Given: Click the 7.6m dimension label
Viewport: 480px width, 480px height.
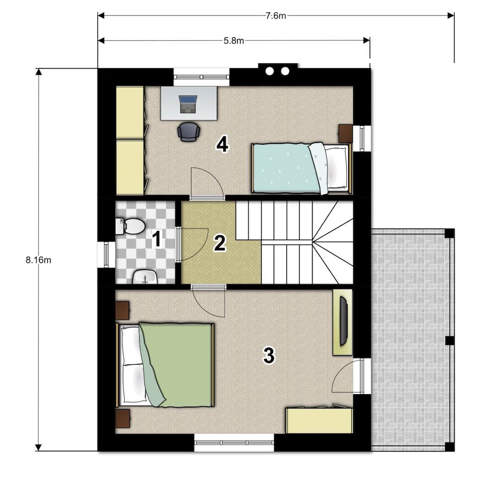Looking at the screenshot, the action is [276, 16].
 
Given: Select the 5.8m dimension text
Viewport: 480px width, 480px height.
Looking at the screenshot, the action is [234, 41].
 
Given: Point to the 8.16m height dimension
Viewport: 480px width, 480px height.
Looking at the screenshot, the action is [38, 260].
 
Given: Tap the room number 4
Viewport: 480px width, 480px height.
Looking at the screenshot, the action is [222, 144].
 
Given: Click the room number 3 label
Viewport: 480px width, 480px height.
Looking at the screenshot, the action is [269, 355].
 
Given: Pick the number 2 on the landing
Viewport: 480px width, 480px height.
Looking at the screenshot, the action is [220, 243].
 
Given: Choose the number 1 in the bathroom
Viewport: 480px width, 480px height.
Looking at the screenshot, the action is [157, 239].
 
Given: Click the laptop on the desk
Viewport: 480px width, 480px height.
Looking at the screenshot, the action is [188, 104].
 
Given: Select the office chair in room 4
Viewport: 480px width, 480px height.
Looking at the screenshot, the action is [189, 132].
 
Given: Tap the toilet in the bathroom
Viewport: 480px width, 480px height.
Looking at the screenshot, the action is [130, 226].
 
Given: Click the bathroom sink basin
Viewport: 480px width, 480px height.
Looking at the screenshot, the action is [145, 277].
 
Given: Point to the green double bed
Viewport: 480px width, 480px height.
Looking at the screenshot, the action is [165, 365].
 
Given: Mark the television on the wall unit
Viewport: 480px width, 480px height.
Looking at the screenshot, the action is [344, 321].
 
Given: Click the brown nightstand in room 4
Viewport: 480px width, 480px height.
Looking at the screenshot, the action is [345, 133].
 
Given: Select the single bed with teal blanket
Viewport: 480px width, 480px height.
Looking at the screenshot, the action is [302, 168].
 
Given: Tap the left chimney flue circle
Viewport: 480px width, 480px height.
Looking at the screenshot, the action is [270, 72].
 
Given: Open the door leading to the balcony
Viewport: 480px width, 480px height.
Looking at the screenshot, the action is [343, 376].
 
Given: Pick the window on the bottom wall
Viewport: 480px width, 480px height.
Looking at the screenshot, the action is [234, 443].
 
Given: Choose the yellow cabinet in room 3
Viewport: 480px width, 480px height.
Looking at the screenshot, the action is [319, 420].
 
